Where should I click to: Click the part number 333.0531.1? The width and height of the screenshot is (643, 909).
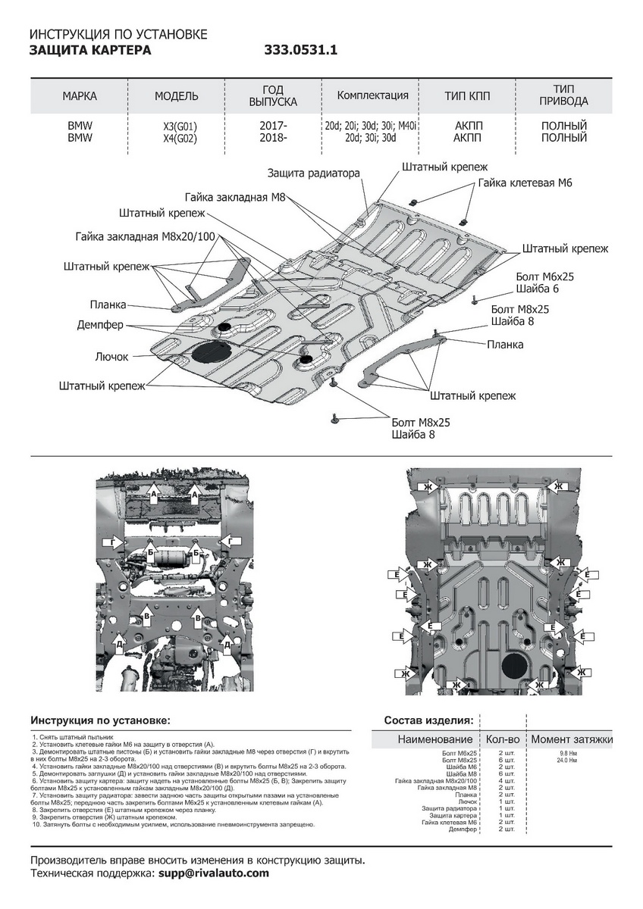(x=300, y=51)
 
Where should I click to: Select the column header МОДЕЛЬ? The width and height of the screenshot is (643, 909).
(x=177, y=96)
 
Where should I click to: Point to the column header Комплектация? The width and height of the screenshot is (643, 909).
(x=372, y=95)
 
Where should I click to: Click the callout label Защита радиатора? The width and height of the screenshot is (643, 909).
(x=313, y=173)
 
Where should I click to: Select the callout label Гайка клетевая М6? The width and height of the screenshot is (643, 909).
(x=525, y=183)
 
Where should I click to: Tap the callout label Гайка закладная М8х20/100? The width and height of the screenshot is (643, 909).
(x=146, y=236)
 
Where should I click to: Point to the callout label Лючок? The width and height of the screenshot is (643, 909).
(x=111, y=356)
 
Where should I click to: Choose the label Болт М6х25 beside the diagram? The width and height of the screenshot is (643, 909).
(x=544, y=277)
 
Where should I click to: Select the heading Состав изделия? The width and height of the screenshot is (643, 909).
(x=428, y=720)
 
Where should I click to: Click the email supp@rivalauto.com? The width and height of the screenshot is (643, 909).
(x=213, y=873)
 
